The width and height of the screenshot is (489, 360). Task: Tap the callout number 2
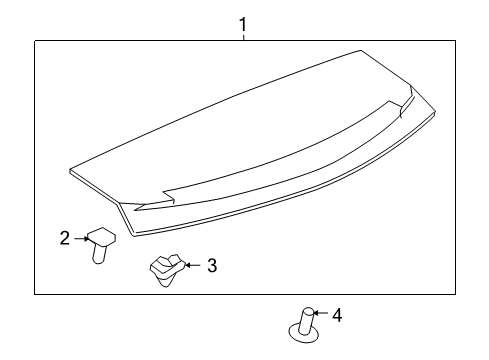(64, 239)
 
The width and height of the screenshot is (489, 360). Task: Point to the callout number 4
(337, 316)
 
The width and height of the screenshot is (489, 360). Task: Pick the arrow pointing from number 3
(194, 265)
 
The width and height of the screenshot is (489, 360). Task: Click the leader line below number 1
(241, 34)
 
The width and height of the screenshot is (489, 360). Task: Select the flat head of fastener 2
(101, 237)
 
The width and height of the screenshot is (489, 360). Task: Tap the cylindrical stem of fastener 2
(99, 254)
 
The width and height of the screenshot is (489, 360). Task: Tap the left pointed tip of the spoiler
(73, 169)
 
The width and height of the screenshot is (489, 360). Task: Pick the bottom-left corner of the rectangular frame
(35, 293)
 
